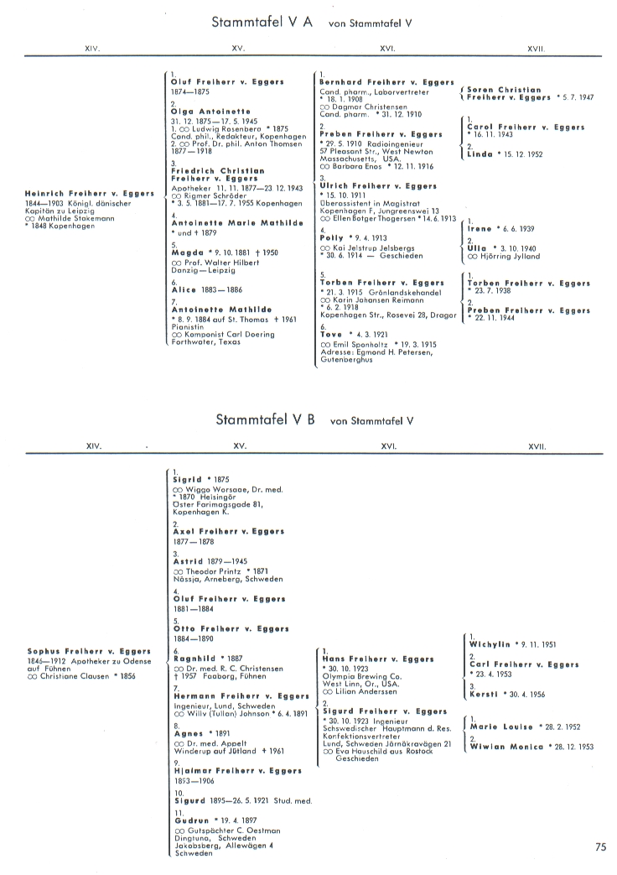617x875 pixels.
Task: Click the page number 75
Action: point(600,847)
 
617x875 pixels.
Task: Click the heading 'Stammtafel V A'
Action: point(262,23)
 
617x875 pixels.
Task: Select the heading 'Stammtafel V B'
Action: point(265,419)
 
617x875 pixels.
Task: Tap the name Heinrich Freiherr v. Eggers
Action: point(90,194)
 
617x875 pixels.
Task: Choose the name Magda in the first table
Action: point(188,253)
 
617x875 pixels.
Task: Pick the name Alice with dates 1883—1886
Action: point(184,289)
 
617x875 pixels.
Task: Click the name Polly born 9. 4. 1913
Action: point(333,238)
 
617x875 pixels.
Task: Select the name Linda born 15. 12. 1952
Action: point(480,154)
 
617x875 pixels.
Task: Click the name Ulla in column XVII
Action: point(477,248)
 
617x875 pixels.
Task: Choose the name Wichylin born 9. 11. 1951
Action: point(490,644)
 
